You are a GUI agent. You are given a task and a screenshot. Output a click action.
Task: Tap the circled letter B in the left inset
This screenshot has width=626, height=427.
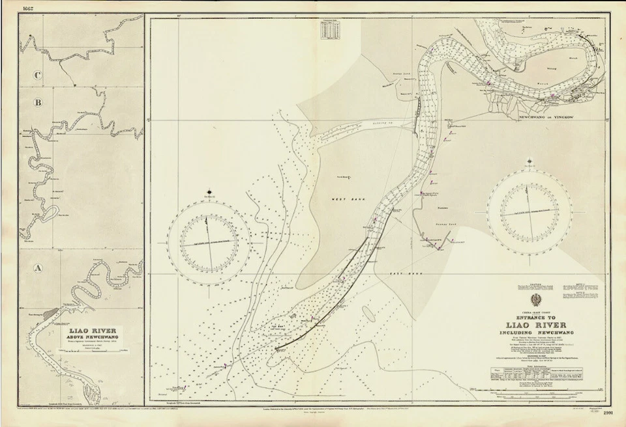coord(38,102)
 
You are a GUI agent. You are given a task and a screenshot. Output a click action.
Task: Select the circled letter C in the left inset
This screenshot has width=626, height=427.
coord(38,75)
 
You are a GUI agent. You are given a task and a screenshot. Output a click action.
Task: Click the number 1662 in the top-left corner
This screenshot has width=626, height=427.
coord(28,8)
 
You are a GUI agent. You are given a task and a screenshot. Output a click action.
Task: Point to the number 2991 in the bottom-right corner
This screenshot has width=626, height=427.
coord(608,413)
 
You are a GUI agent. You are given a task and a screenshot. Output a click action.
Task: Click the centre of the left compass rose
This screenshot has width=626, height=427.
coord(209,240)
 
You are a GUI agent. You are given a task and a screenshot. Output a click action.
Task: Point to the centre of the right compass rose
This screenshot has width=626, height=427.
coord(529,212)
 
